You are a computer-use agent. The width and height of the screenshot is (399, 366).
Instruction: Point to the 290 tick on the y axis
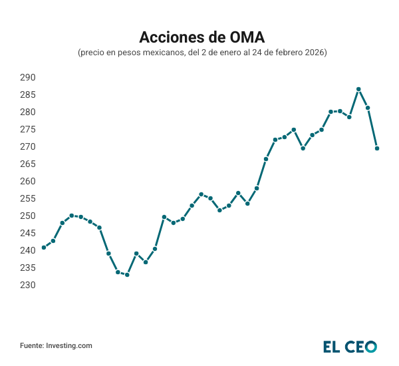(27, 77)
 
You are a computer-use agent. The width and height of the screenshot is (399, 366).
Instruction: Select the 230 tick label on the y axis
(27, 285)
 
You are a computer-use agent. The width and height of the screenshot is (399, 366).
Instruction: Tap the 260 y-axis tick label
(27, 181)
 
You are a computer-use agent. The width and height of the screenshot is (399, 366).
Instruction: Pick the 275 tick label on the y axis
(27, 129)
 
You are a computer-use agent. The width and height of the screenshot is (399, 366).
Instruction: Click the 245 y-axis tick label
(27, 233)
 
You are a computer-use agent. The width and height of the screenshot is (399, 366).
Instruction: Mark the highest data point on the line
(358, 89)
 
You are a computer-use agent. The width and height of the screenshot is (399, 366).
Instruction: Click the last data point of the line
(377, 148)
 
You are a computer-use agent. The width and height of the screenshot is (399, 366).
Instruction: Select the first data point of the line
(44, 248)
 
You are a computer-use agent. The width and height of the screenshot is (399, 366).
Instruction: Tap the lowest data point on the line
(127, 274)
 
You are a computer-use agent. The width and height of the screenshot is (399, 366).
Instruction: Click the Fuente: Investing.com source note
(56, 345)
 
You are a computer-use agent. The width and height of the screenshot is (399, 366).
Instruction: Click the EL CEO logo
(350, 346)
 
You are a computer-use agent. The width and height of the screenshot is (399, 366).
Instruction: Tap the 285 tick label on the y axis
(27, 94)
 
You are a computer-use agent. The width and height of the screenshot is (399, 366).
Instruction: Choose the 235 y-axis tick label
(27, 268)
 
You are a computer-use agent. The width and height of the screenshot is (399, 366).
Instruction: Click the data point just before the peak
(349, 117)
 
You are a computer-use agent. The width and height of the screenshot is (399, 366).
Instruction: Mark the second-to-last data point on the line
(368, 108)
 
